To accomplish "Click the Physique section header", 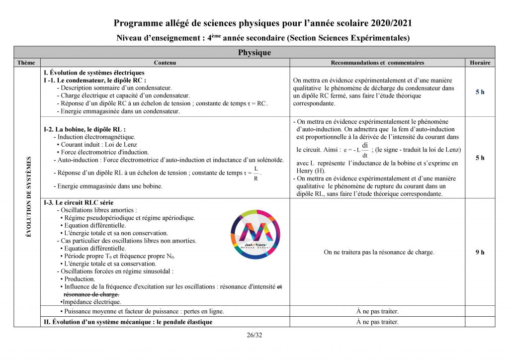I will point(254,53).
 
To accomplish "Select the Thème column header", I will point(26,63).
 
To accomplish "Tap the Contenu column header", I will point(165,63).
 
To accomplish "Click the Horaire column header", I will point(480,63).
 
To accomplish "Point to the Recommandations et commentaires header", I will point(377,63).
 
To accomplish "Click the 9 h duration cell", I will point(480,252).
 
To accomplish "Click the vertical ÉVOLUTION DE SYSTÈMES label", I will point(29,196).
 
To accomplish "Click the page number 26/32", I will point(254,335).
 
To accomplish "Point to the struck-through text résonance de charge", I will point(91,294).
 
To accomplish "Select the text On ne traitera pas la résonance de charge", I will point(379,252).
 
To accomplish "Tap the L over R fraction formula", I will point(255,174).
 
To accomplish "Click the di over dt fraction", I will point(364,149).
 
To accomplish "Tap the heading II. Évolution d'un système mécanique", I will point(128,322).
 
